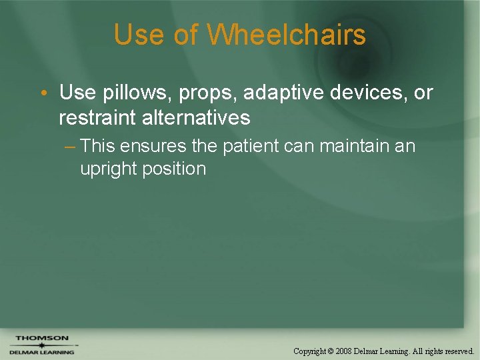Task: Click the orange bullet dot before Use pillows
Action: [43, 93]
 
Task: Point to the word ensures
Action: [155, 146]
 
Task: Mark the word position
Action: [173, 169]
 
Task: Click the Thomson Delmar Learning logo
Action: [42, 345]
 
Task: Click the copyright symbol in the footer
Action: [331, 351]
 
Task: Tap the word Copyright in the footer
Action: [310, 351]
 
